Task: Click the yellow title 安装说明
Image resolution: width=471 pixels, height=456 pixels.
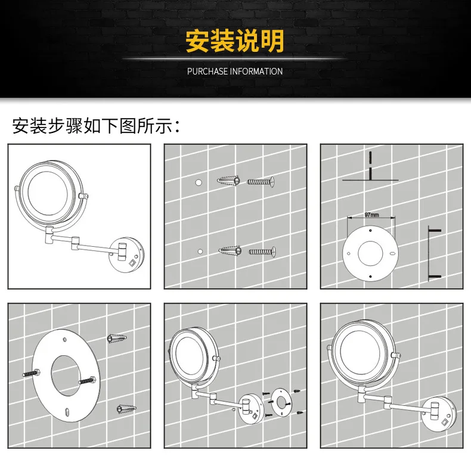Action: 235,41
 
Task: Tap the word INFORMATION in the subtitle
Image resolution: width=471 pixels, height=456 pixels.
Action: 256,72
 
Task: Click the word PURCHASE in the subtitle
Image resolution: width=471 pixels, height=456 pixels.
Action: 207,72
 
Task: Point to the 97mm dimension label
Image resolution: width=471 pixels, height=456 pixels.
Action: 371,215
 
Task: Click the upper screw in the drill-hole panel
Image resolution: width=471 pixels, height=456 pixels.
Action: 261,182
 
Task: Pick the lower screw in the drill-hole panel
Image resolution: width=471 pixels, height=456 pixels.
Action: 262,252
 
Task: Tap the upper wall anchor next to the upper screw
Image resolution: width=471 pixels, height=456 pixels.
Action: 228,181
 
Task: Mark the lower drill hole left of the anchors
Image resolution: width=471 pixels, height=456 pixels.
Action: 200,252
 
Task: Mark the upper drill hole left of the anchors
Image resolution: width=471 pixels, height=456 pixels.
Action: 199,182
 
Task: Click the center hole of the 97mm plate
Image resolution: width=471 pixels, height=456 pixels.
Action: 370,253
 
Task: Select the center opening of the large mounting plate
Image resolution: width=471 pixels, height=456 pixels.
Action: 66,376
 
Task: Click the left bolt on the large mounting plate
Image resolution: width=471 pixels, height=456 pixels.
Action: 31,373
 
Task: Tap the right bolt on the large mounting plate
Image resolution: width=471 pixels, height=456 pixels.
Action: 87,381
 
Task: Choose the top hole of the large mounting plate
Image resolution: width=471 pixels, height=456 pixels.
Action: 64,340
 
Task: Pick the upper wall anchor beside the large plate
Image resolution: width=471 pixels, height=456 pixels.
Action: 117,338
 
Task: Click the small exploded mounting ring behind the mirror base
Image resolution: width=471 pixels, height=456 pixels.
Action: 281,403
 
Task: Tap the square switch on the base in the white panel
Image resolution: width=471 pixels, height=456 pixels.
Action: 132,263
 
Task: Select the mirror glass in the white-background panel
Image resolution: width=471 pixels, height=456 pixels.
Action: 48,193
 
